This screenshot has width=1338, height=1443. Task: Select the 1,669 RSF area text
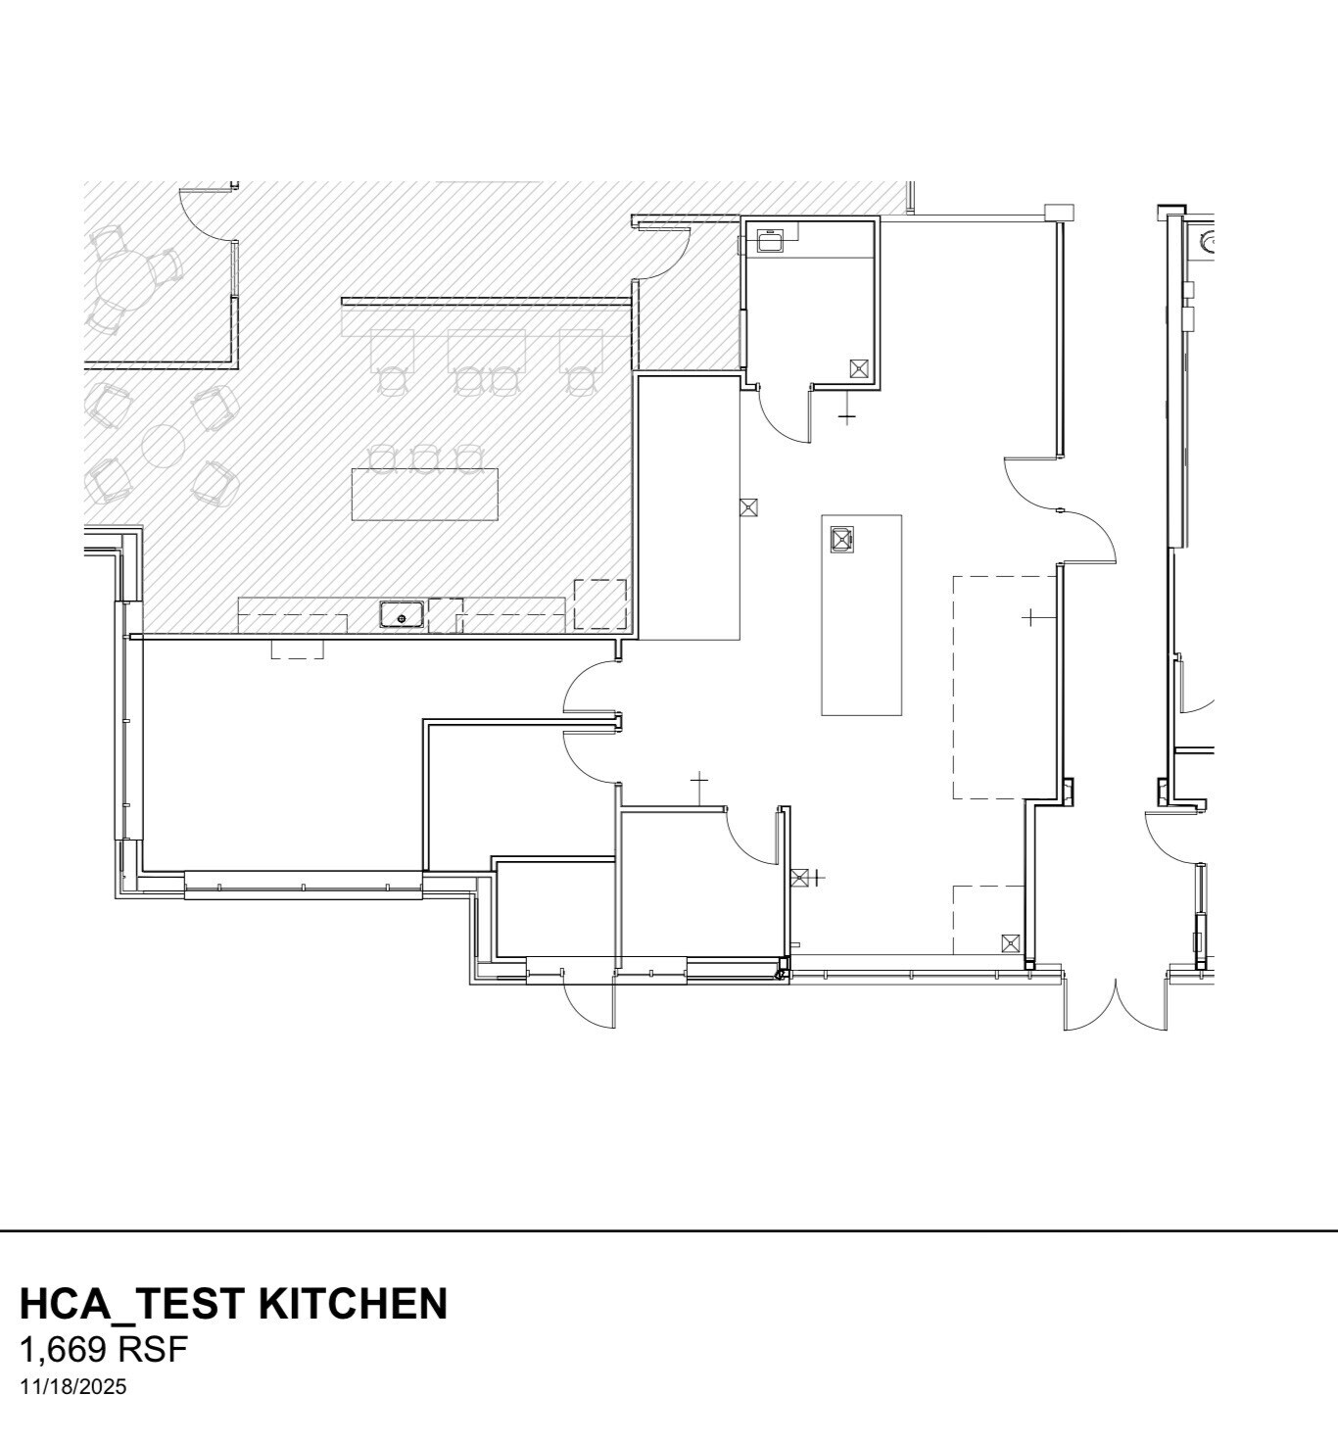103,1350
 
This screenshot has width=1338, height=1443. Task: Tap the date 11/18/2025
72,1387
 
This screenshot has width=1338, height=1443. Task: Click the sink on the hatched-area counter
402,616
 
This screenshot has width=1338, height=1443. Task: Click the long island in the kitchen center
861,614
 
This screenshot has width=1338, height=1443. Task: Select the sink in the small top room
770,241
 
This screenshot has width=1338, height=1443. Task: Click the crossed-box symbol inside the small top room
859,368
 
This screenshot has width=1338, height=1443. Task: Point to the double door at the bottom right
1116,1004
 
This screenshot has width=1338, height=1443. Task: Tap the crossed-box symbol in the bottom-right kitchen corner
1011,943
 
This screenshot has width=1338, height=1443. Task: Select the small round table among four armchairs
163,447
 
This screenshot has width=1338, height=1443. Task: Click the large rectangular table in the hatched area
425,495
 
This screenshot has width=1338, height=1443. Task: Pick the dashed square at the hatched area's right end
599,603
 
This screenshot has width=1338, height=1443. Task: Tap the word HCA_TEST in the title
132,1304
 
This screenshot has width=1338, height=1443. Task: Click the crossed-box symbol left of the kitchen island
749,506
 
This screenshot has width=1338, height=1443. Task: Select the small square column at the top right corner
1059,212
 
